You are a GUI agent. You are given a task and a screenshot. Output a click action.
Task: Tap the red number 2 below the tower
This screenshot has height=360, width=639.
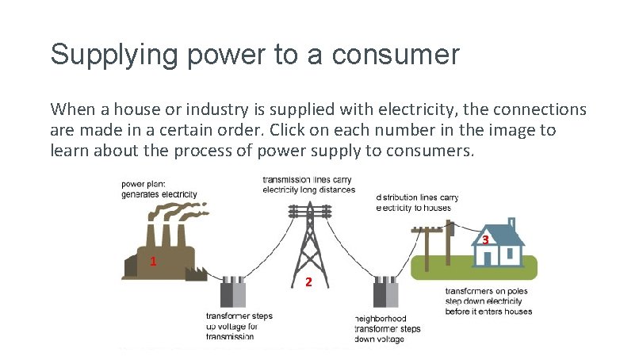click(x=309, y=283)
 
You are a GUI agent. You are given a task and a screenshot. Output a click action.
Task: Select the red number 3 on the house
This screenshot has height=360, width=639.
click(x=485, y=239)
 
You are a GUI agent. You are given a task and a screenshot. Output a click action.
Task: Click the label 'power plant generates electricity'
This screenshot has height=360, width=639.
click(x=159, y=189)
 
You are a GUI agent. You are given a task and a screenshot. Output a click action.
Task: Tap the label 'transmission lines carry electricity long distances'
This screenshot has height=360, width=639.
click(x=308, y=184)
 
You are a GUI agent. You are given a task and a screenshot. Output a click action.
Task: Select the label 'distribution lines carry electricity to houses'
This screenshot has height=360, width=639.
click(x=417, y=202)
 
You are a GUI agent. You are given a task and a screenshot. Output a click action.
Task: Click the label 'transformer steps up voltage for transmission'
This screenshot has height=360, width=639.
click(x=239, y=326)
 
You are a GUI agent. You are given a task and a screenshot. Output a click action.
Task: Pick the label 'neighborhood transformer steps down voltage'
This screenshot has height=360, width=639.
click(x=387, y=328)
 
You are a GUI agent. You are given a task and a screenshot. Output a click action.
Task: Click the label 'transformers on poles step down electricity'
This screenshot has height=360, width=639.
click(x=488, y=301)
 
